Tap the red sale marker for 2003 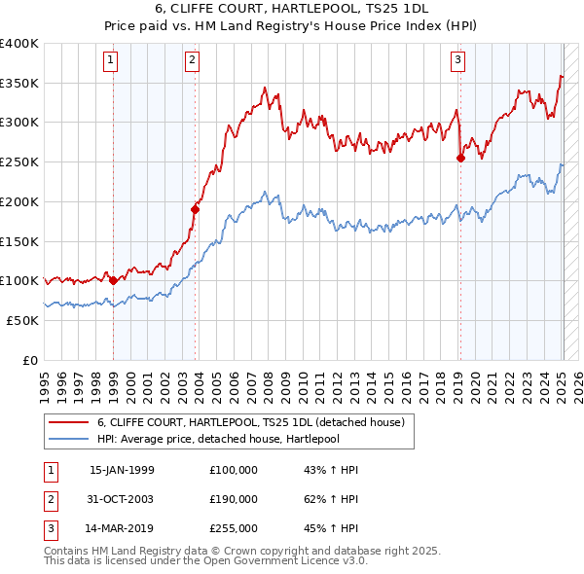click(196, 208)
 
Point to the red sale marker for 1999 click(113, 280)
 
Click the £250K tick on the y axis click(18, 161)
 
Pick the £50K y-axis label click(22, 320)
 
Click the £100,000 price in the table click(234, 470)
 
